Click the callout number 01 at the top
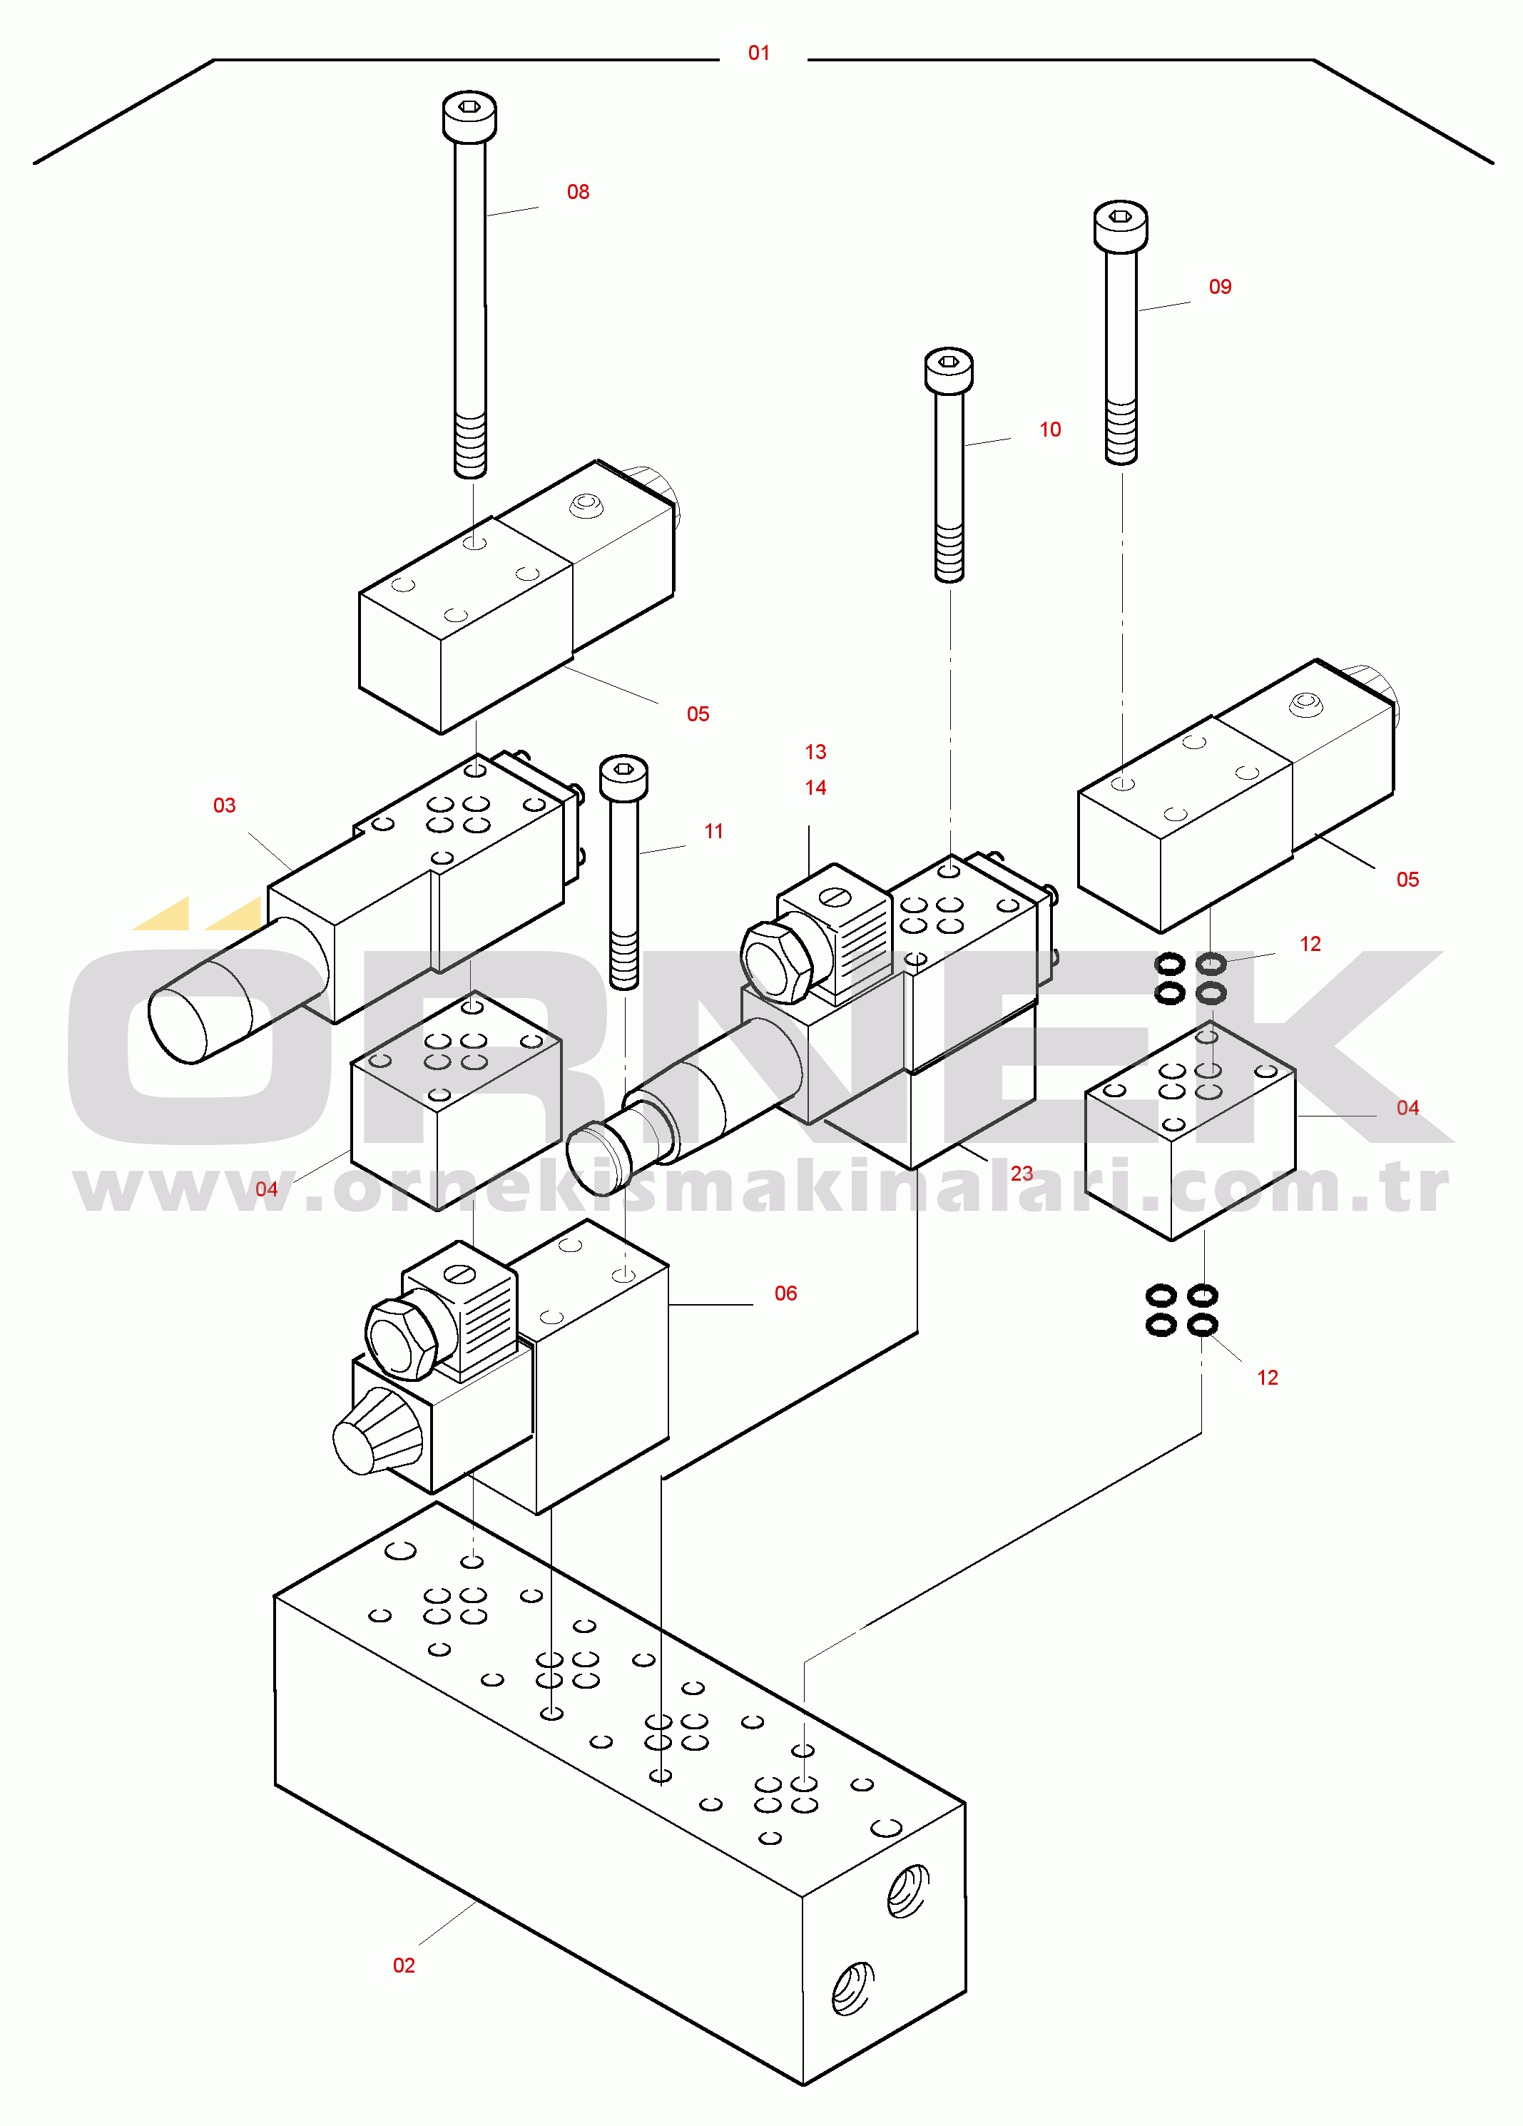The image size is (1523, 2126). click(x=758, y=54)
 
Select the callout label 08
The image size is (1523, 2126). click(x=577, y=192)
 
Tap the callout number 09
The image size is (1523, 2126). click(x=1218, y=287)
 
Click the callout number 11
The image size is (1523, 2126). click(x=713, y=830)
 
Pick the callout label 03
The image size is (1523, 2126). click(x=224, y=805)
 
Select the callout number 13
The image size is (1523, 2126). click(x=815, y=752)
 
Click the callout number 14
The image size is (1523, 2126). click(x=815, y=788)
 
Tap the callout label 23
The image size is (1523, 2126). click(x=1021, y=1173)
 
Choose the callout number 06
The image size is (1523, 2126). click(x=785, y=1293)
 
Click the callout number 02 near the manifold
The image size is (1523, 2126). click(x=403, y=1965)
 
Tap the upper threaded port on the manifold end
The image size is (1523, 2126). click(x=907, y=1890)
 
